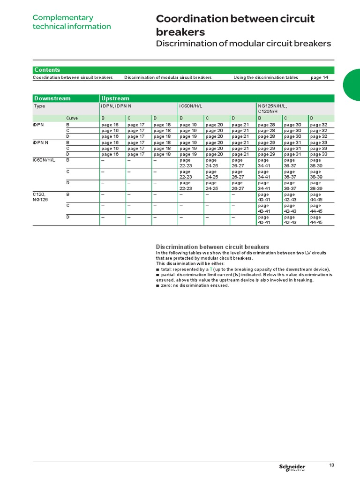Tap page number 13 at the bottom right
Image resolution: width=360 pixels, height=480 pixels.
pyautogui.click(x=331, y=465)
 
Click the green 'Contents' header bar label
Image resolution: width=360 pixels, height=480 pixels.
pyautogui.click(x=47, y=70)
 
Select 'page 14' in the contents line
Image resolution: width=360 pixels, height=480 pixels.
pyautogui.click(x=319, y=77)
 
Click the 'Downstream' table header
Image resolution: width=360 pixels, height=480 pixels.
pyautogui.click(x=52, y=98)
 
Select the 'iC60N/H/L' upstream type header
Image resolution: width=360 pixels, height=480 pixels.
pyautogui.click(x=191, y=106)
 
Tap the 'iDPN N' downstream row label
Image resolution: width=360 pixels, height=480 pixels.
pyautogui.click(x=41, y=142)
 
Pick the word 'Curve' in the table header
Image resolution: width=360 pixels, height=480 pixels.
pyautogui.click(x=72, y=118)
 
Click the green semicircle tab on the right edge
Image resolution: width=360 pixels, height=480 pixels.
pyautogui.click(x=352, y=85)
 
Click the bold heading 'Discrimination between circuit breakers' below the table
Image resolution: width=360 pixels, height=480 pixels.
pyautogui.click(x=212, y=247)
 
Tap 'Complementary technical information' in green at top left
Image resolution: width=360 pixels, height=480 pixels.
pyautogui.click(x=71, y=22)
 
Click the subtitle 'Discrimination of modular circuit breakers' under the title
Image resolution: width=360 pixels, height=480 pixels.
pyautogui.click(x=243, y=44)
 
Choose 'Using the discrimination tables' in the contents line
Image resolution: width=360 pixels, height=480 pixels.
pyautogui.click(x=265, y=77)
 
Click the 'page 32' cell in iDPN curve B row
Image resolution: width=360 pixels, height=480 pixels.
pyautogui.click(x=318, y=125)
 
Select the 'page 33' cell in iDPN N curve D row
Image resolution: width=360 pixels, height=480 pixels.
pyautogui.click(x=318, y=154)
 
